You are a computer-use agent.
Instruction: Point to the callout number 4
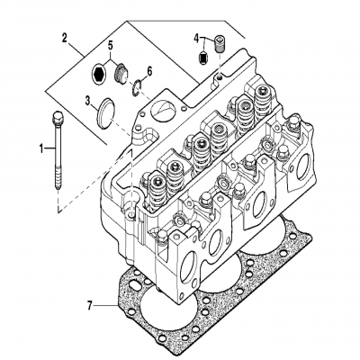point(195,38)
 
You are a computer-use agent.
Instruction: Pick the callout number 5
point(111,44)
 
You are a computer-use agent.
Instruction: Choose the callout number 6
point(149,70)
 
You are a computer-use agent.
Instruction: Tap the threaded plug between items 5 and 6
point(118,68)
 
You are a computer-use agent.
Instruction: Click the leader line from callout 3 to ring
point(94,103)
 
